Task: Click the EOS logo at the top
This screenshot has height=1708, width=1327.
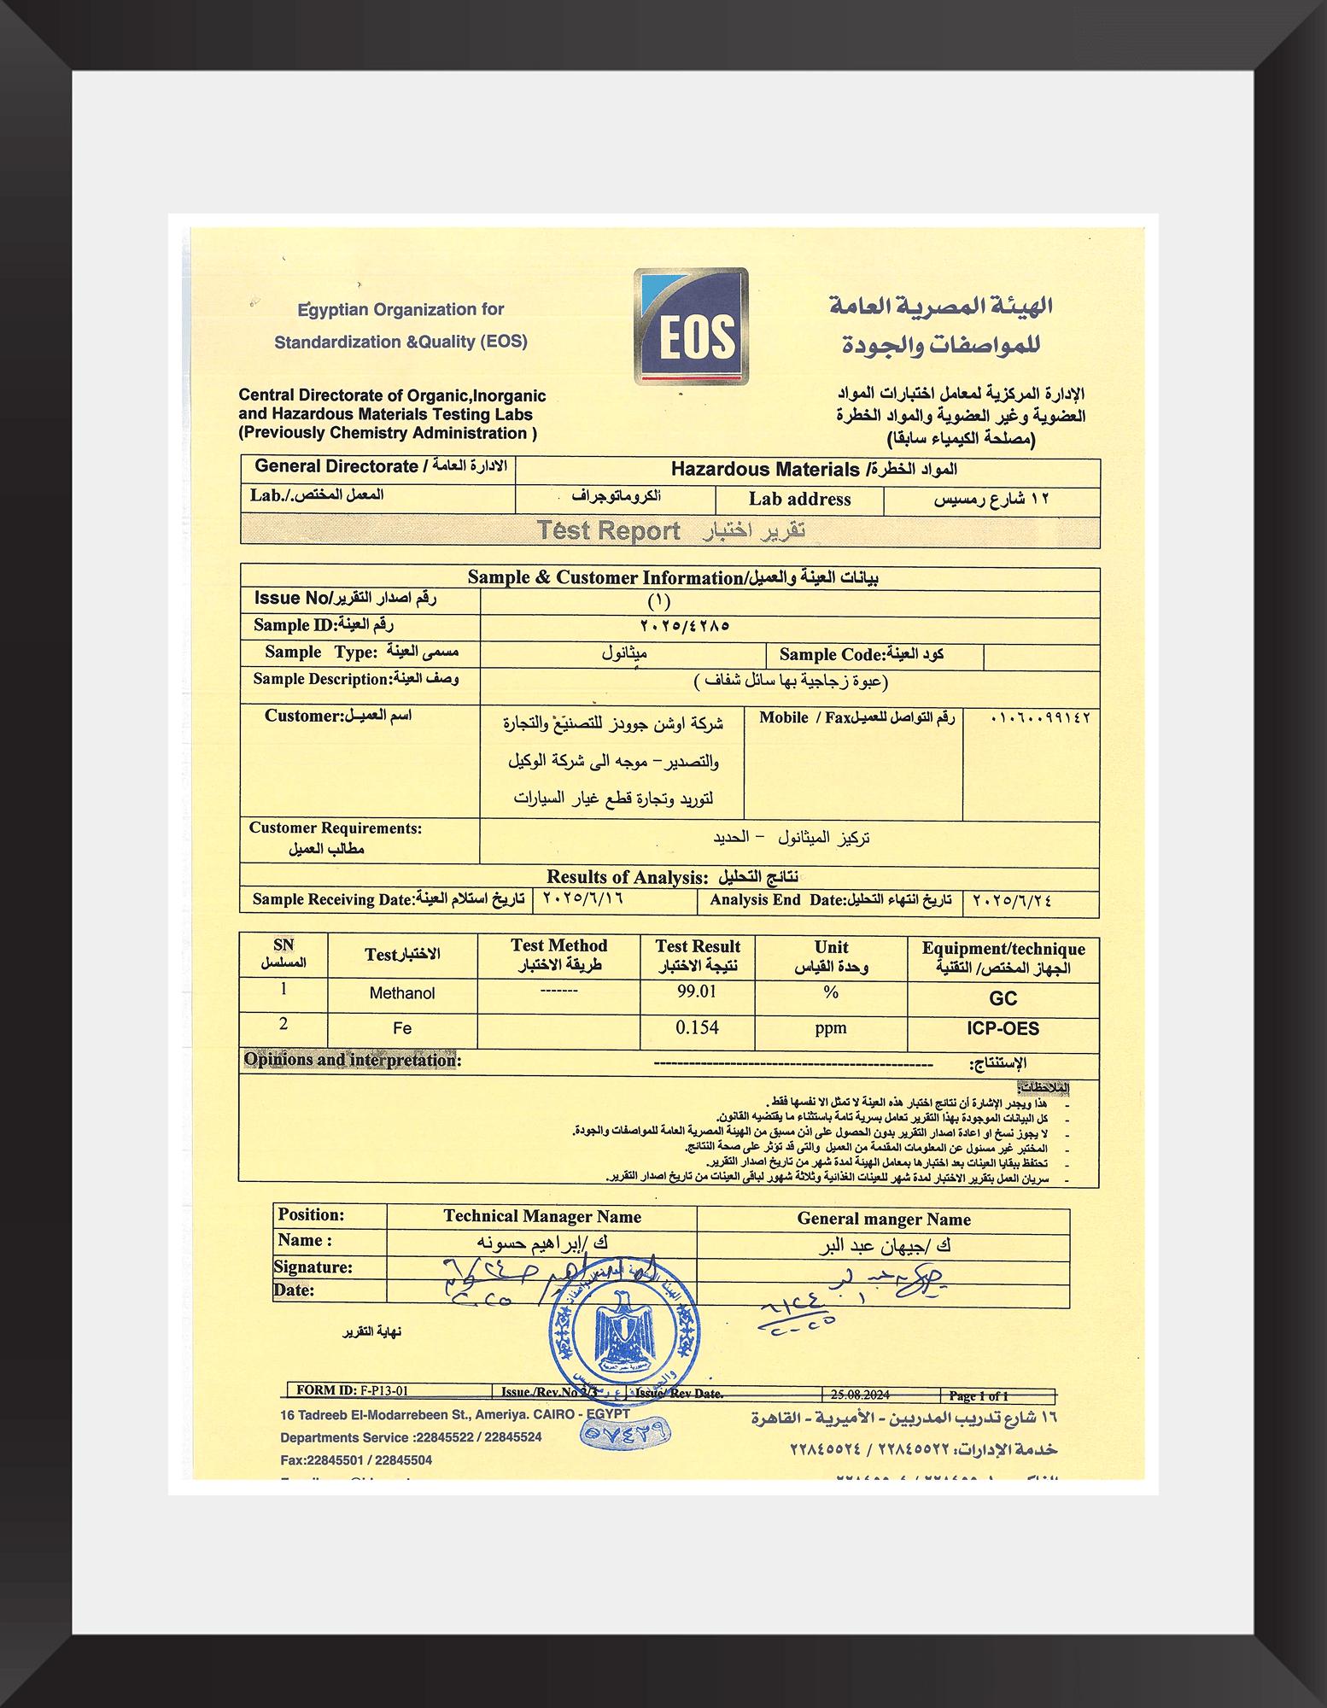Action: (x=691, y=326)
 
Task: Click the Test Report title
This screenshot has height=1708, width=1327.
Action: (x=608, y=530)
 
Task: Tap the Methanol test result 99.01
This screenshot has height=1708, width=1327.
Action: (x=697, y=991)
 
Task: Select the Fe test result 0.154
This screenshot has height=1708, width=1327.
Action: (x=697, y=1027)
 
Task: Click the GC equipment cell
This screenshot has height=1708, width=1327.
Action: (x=1003, y=998)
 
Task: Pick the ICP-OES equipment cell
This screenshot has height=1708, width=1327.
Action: (x=1003, y=1028)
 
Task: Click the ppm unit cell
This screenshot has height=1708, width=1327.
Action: (x=830, y=1027)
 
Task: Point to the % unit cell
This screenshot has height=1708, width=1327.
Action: (x=831, y=992)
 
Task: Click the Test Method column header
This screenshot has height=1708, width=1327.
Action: (x=558, y=955)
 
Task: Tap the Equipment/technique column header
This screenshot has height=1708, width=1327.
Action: (x=1003, y=957)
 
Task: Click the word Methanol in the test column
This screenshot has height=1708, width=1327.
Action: (x=402, y=993)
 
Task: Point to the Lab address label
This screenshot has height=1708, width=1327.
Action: (x=799, y=500)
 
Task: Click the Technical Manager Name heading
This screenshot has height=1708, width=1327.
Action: (x=541, y=1216)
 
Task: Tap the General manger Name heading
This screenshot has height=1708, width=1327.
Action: (x=883, y=1219)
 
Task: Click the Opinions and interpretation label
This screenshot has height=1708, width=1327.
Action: (x=352, y=1060)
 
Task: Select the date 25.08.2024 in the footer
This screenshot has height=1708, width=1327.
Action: (x=860, y=1395)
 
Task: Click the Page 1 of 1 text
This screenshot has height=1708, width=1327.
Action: (x=979, y=1395)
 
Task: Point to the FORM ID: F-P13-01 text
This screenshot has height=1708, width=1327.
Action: (x=353, y=1390)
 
